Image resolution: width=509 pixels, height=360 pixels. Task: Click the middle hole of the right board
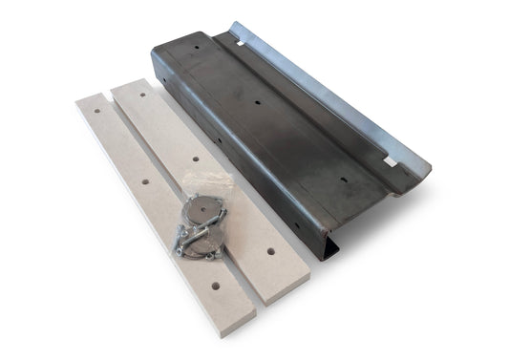click(194, 159)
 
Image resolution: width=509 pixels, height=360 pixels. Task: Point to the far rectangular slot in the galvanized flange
click(249, 40)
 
